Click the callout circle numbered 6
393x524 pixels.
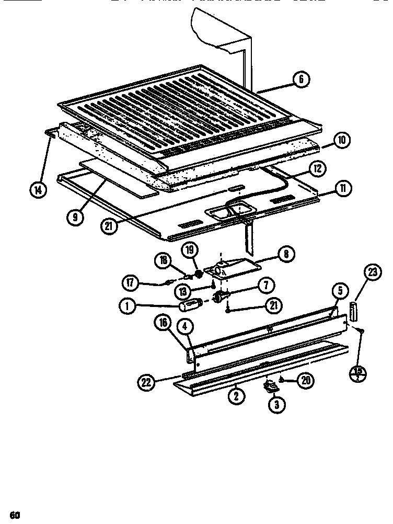(x=302, y=80)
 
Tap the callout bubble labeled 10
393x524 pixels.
(x=341, y=140)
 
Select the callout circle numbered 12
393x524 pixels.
(x=318, y=168)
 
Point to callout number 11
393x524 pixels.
(x=343, y=189)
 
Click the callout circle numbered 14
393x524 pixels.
(x=38, y=190)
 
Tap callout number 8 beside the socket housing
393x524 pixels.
(x=286, y=255)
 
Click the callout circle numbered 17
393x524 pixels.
(x=131, y=284)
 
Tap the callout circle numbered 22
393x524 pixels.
(x=147, y=382)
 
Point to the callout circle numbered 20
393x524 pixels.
(x=305, y=381)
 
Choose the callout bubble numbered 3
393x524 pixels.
(x=277, y=404)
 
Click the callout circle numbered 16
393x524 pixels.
(x=164, y=324)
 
